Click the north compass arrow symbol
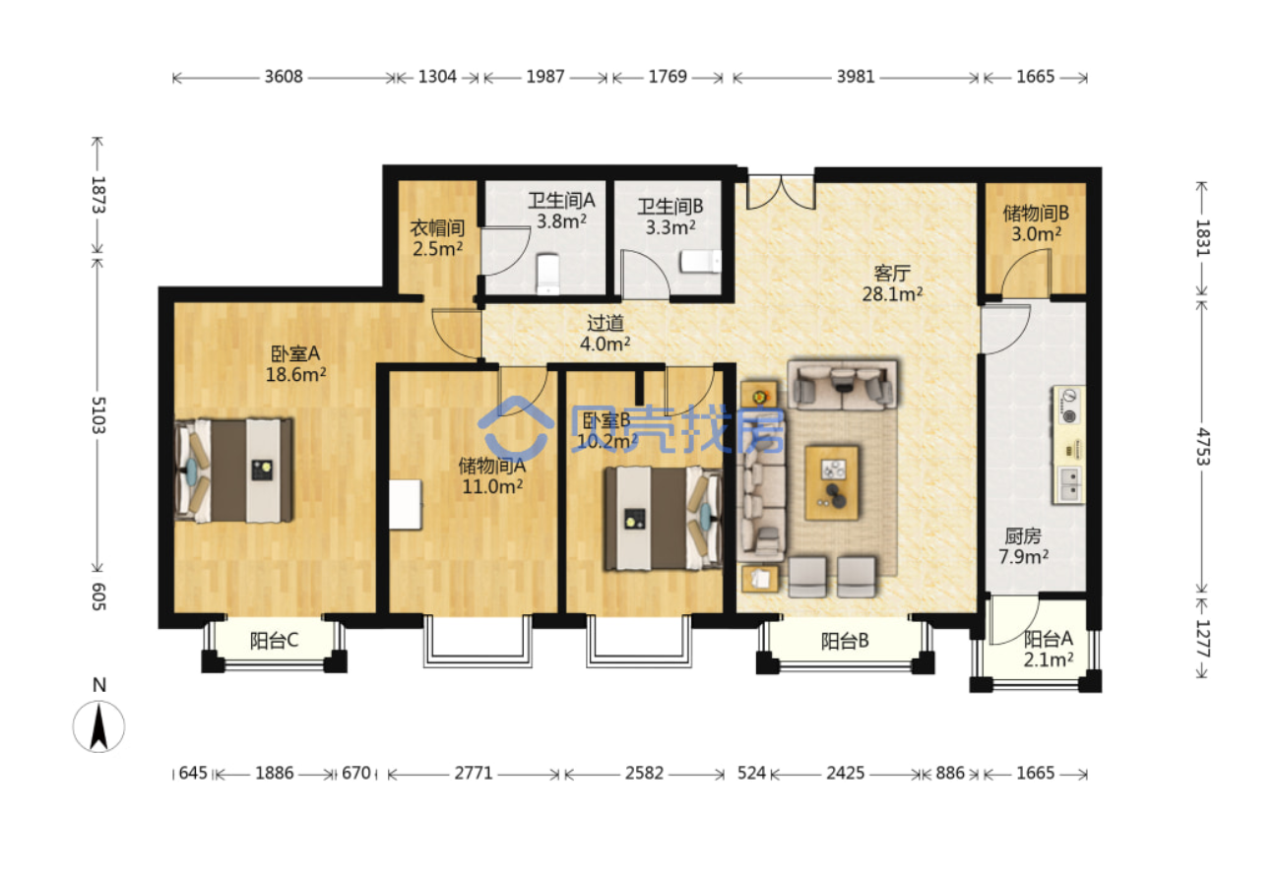point(98,726)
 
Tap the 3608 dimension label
point(284,77)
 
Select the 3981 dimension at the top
point(856,77)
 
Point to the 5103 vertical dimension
point(98,415)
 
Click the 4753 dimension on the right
point(1202,446)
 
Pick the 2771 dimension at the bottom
point(474,773)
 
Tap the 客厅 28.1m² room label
point(892,283)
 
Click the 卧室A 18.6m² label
point(296,364)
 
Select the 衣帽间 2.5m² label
point(437,238)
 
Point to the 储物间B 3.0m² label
point(1036,223)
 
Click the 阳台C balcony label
point(275,641)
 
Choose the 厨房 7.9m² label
point(1023,546)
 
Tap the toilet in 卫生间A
point(547,274)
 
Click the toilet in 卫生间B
point(701,262)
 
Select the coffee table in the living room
point(832,483)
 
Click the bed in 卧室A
point(234,470)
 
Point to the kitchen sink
point(1069,485)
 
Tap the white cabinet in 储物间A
point(406,505)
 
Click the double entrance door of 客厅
point(781,191)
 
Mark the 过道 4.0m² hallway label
point(605,334)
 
